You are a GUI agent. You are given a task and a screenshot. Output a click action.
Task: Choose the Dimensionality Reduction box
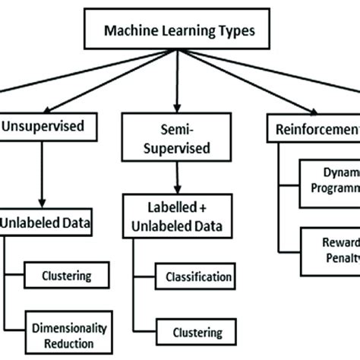(x=68, y=333)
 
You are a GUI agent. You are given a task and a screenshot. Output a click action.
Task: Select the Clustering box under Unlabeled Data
(x=68, y=276)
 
